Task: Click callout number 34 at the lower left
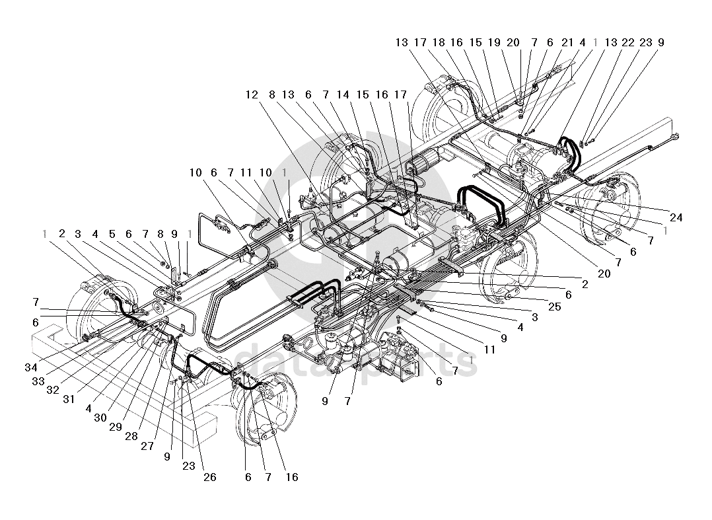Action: (31, 367)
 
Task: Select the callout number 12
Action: (252, 94)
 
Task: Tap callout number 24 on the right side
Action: (676, 217)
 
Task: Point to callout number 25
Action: (554, 307)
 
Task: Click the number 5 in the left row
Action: (112, 235)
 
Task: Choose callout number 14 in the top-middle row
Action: (343, 94)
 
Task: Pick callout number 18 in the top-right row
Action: (439, 42)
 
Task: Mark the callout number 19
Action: (494, 42)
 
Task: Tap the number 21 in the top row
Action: (567, 42)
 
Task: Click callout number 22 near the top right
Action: (628, 42)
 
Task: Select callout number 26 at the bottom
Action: (210, 477)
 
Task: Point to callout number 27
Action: (147, 446)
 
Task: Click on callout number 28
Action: (131, 436)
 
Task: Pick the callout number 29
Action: (116, 427)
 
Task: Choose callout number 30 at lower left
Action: (100, 418)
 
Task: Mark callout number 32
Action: (53, 390)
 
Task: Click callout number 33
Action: (38, 381)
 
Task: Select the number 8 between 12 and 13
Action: (272, 94)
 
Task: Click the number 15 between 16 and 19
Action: (476, 42)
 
